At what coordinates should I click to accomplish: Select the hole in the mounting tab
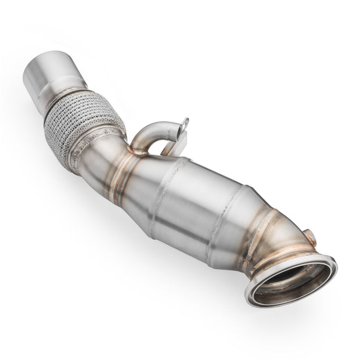pos(185,123)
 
